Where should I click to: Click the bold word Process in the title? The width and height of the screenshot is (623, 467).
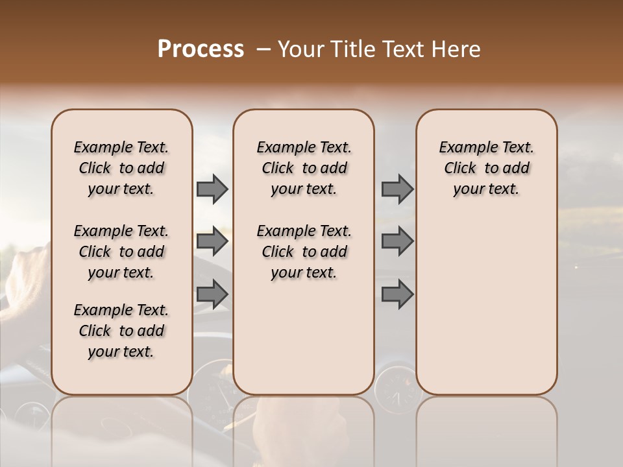click(x=201, y=50)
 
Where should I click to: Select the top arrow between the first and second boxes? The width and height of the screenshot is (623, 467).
click(x=212, y=189)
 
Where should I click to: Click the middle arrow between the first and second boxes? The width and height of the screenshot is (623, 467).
click(x=212, y=241)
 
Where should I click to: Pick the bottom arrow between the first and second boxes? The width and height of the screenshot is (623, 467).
click(x=212, y=294)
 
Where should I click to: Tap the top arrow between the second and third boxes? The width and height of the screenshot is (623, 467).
click(x=397, y=189)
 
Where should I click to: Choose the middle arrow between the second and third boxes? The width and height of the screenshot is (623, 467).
click(x=397, y=241)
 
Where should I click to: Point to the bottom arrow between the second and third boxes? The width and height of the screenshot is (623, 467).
click(x=397, y=294)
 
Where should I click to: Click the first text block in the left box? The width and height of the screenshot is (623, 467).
click(x=121, y=168)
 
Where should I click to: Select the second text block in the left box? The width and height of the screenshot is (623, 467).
click(x=121, y=252)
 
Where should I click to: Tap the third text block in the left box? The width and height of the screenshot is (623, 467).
click(x=121, y=331)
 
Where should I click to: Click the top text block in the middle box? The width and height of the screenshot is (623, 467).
click(x=304, y=168)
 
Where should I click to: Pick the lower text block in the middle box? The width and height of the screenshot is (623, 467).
click(x=304, y=252)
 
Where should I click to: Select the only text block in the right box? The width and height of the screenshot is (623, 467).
click(x=486, y=168)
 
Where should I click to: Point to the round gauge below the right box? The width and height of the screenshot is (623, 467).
click(x=397, y=389)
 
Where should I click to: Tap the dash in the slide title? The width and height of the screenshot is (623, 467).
click(x=264, y=50)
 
